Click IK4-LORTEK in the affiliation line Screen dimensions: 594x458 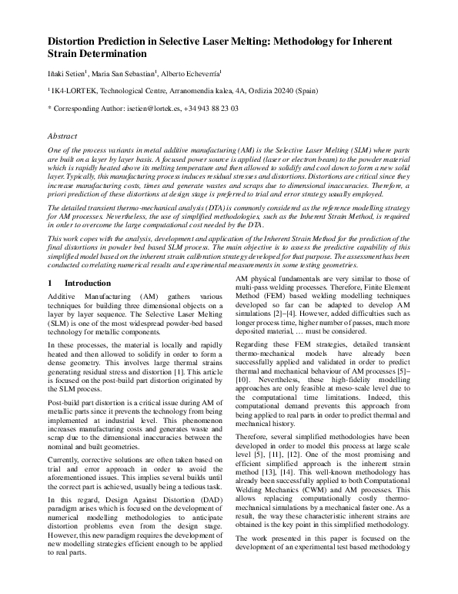[x=73, y=90]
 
